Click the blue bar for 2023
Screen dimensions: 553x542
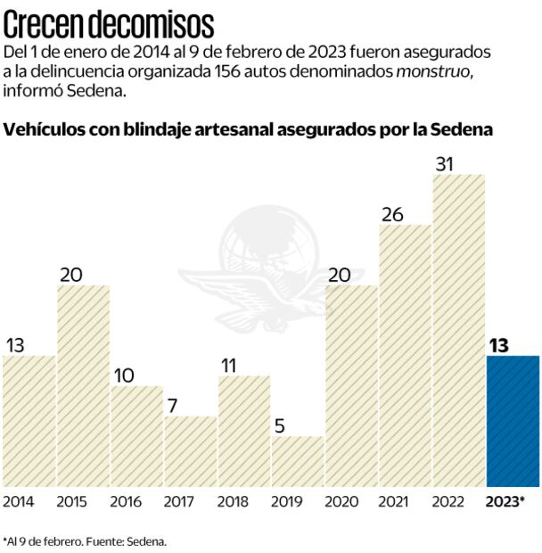coord(513,421)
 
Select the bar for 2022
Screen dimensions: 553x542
coord(459,330)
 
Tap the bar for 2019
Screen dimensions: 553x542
coord(298,461)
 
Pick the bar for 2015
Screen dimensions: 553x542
coord(83,385)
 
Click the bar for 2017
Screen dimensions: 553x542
coord(191,451)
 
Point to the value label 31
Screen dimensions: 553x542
coord(447,163)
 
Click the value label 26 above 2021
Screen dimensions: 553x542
coord(392,214)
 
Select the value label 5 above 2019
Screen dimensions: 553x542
coord(280,426)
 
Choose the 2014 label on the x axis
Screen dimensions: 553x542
coord(19,501)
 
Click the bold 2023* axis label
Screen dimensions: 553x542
coord(505,501)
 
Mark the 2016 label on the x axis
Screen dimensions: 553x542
coord(126,501)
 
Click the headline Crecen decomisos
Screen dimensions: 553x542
coord(109,21)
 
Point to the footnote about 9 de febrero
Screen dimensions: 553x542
coord(85,541)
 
